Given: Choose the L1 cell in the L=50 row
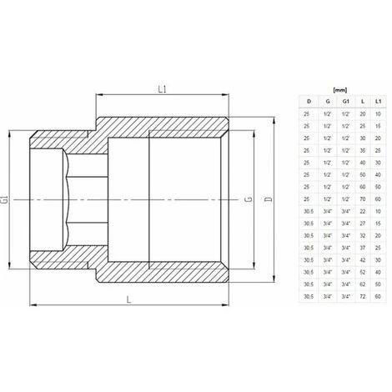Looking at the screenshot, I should pyautogui.click(x=378, y=175).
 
